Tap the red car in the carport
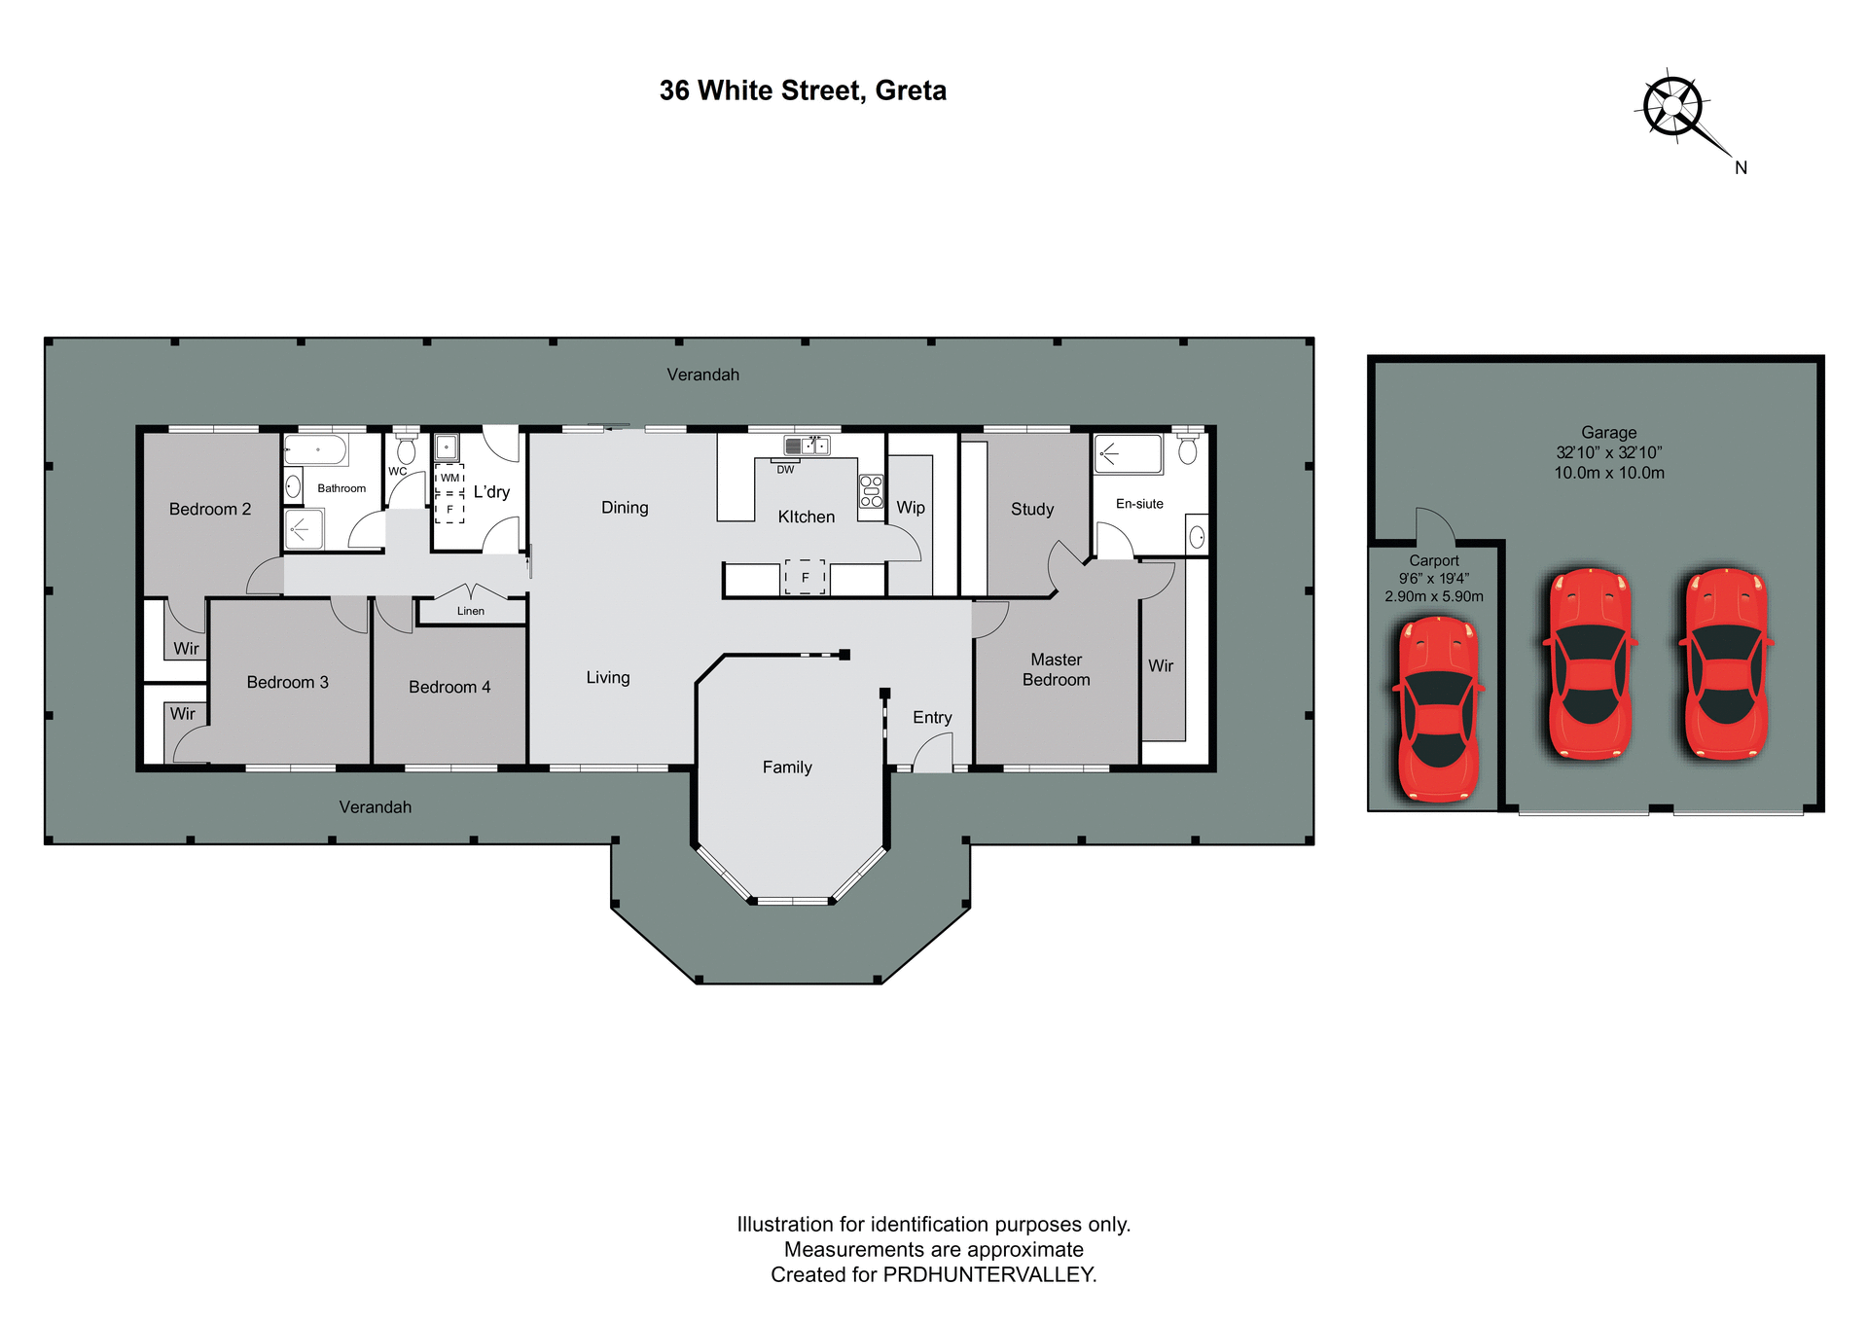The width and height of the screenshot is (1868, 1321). pyautogui.click(x=1438, y=710)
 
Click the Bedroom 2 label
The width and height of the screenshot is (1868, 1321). pyautogui.click(x=210, y=509)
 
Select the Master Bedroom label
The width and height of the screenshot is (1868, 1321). pyautogui.click(x=1056, y=669)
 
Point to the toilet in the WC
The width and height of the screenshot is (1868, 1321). pyautogui.click(x=407, y=449)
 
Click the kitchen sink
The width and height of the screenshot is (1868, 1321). pyautogui.click(x=807, y=446)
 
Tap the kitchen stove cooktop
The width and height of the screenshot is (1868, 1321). pyautogui.click(x=871, y=491)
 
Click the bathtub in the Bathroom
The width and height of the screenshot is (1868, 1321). pyautogui.click(x=316, y=450)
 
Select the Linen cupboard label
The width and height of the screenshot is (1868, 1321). pyautogui.click(x=471, y=611)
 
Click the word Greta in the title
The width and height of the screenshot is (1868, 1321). pyautogui.click(x=911, y=90)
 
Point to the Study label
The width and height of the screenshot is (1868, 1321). pyautogui.click(x=1032, y=509)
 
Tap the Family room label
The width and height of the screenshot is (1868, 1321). pyautogui.click(x=787, y=767)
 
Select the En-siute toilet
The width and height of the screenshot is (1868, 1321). pyautogui.click(x=1188, y=448)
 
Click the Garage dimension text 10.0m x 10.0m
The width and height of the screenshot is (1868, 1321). pyautogui.click(x=1609, y=473)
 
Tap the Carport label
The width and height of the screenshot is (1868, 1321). pyautogui.click(x=1434, y=560)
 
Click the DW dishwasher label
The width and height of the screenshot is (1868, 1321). pyautogui.click(x=785, y=470)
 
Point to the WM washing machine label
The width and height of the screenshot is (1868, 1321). pyautogui.click(x=449, y=478)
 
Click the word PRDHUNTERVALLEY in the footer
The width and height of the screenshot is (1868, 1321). pyautogui.click(x=988, y=1274)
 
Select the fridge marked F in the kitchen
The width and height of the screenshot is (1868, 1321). pyautogui.click(x=805, y=577)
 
